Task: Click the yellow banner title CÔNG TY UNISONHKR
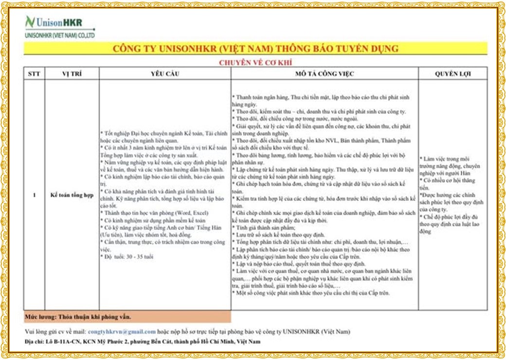[255, 49]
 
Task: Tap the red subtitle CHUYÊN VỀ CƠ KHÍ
[255, 62]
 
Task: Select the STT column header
[34, 74]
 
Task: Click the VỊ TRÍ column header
[72, 74]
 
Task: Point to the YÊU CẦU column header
[165, 74]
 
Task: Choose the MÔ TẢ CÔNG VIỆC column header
[325, 74]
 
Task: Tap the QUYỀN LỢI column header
[452, 74]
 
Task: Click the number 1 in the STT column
[34, 196]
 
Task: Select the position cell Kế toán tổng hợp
[72, 196]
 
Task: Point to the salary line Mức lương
[78, 317]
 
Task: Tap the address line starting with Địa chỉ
[142, 342]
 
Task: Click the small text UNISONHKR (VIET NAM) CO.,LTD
[60, 36]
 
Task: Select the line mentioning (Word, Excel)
[154, 213]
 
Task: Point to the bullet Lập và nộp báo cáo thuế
[298, 263]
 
